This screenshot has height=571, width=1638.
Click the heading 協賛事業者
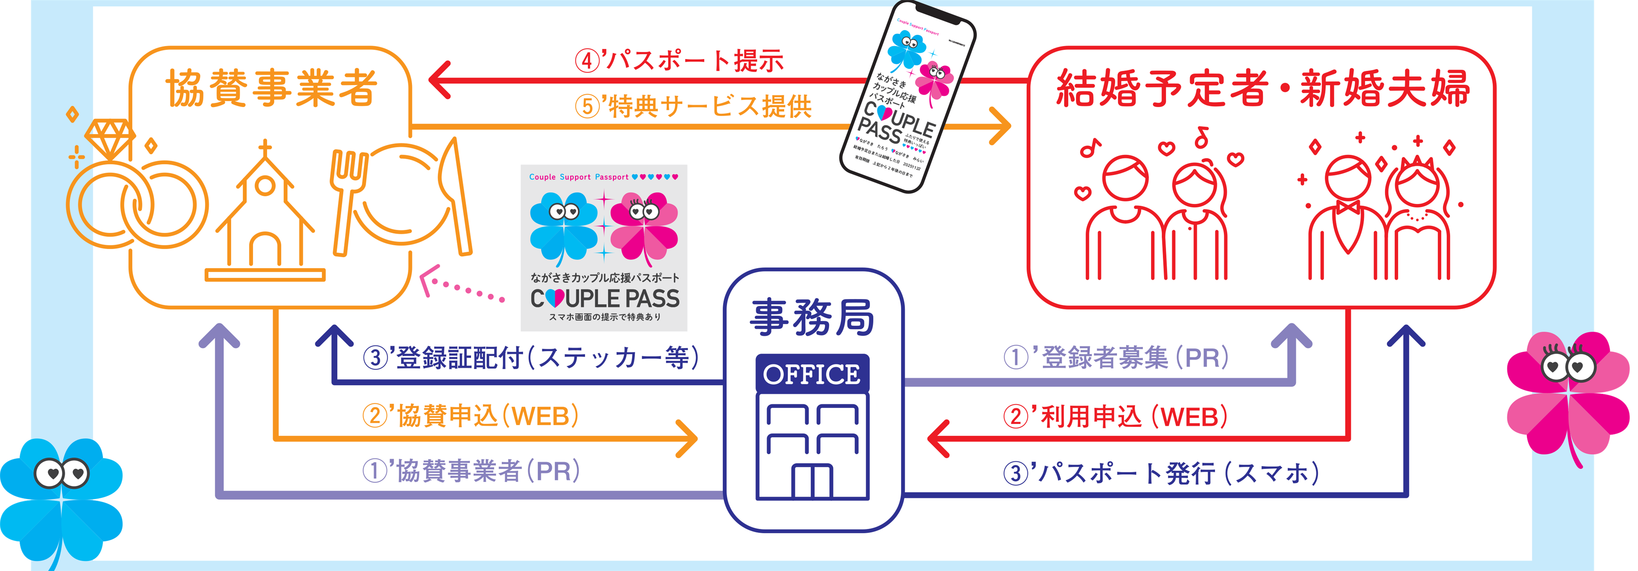tap(272, 88)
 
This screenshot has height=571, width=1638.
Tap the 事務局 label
tap(813, 317)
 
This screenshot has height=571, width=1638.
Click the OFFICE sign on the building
tap(812, 374)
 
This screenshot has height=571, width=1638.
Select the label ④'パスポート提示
tap(679, 60)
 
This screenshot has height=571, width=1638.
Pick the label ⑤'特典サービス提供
tap(693, 106)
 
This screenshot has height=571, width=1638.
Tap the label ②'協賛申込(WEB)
tap(471, 416)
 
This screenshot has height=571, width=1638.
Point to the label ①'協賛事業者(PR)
tap(471, 471)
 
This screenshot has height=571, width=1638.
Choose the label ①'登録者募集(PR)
tap(1116, 357)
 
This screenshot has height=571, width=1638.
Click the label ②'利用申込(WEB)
tap(1116, 416)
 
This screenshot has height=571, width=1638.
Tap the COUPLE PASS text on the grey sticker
tap(604, 298)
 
